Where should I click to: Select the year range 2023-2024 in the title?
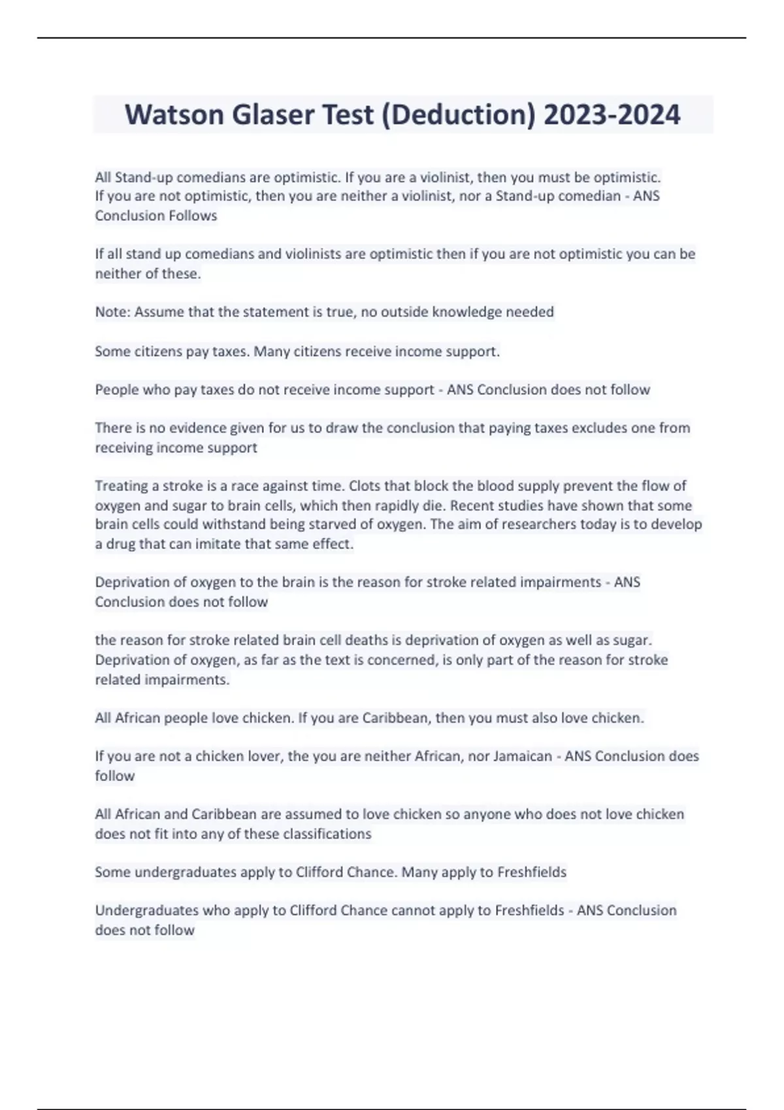click(x=612, y=114)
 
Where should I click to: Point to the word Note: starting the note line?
click(x=113, y=312)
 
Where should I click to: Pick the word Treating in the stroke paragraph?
click(x=119, y=486)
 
